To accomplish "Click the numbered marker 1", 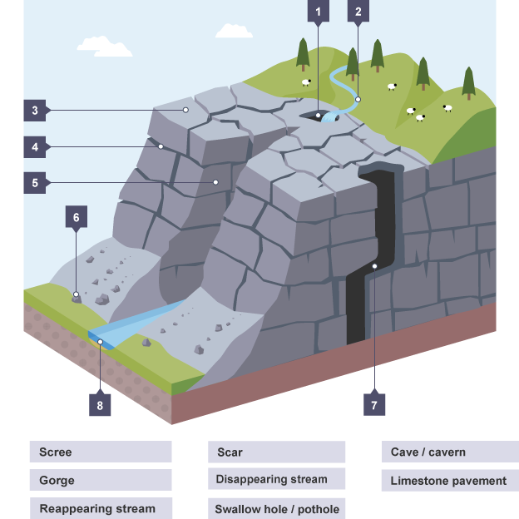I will tap(317, 12).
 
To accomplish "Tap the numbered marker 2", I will tap(358, 12).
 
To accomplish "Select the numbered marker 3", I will tap(35, 110).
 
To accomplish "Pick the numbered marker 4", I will tap(35, 147).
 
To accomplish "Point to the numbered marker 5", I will tap(35, 182).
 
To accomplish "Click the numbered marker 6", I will tap(76, 218).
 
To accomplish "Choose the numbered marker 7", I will tap(373, 405).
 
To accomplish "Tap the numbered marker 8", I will tap(99, 405).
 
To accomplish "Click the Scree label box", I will tap(101, 452).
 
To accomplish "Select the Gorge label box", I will tap(101, 481).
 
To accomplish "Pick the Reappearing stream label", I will tap(101, 508).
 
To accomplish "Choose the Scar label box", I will tap(276, 452).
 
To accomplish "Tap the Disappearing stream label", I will tap(276, 480).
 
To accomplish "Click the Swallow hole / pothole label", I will tap(276, 508).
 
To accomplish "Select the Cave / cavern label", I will tap(449, 452).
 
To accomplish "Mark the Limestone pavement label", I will tap(449, 481).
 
